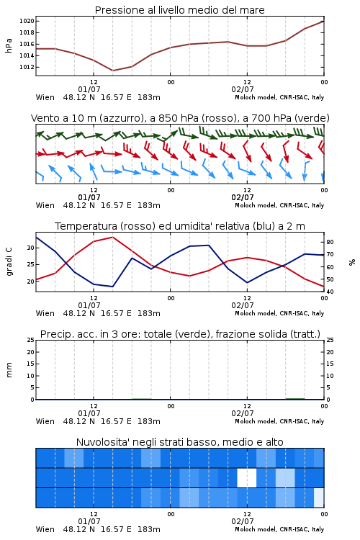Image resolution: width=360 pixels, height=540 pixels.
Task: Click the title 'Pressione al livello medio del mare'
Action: point(179,10)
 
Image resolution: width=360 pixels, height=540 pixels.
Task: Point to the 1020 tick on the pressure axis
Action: point(27,21)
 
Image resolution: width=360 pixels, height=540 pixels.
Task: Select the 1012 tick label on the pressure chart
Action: point(27,67)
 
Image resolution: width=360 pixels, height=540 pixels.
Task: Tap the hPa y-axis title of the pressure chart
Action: point(9,45)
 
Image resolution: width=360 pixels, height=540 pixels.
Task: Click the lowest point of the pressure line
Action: point(112,71)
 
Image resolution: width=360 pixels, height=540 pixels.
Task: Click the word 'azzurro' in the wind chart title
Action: point(121,118)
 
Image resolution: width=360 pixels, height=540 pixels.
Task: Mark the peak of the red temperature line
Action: point(112,237)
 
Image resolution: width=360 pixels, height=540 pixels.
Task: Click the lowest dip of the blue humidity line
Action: point(112,287)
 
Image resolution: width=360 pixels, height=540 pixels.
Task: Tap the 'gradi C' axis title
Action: point(9,261)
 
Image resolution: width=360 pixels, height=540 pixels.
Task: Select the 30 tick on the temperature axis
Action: point(31,248)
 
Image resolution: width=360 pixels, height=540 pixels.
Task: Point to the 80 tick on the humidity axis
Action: point(330,242)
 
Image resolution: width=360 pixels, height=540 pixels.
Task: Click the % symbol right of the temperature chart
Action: point(352,262)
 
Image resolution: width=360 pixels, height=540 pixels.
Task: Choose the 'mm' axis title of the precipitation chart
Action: point(9,370)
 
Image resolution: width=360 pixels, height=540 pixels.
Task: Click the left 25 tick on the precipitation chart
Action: point(31,340)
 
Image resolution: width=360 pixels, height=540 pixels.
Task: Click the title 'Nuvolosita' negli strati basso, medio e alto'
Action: point(179,442)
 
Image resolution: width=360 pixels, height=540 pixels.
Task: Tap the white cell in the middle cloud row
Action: point(247,477)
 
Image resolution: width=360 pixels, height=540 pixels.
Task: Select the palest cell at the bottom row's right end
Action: point(319,498)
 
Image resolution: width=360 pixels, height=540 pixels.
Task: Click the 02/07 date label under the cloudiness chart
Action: point(243,521)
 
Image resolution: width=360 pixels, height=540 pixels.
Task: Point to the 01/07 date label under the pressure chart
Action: point(89,89)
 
